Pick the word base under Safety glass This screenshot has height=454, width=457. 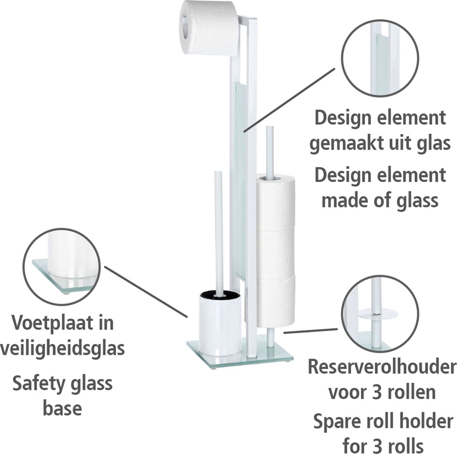(62, 408)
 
